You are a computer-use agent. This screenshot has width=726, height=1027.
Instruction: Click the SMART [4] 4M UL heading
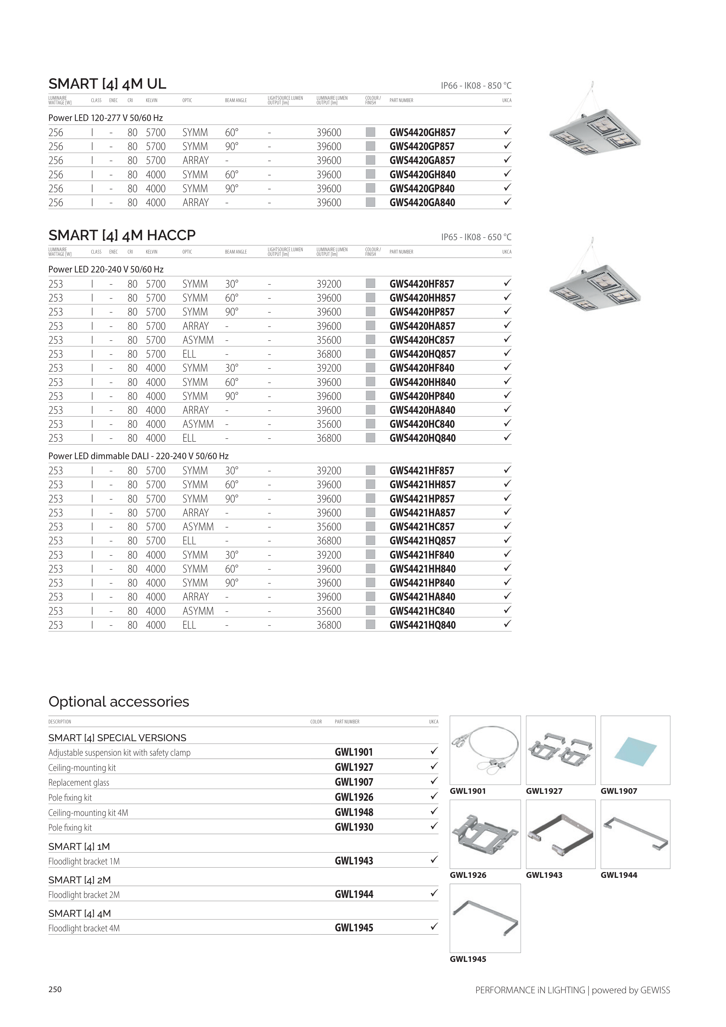coord(107,84)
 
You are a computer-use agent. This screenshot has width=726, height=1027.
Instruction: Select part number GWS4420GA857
coord(422,161)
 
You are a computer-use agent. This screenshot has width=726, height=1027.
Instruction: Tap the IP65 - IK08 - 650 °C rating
coord(476,237)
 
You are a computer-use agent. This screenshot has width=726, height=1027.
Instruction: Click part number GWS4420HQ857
coord(422,354)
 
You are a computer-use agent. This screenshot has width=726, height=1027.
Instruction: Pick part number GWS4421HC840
coord(422,611)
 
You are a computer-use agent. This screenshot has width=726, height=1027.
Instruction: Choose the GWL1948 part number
coord(354,812)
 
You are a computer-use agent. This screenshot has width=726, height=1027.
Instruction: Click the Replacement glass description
coord(79,783)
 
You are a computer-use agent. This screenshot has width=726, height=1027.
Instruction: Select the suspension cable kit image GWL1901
coord(485,750)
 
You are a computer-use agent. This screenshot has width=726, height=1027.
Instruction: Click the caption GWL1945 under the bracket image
coord(468,959)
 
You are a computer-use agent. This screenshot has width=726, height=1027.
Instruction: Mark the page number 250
coord(55,989)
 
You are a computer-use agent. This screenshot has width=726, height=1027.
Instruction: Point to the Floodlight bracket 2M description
coord(84,895)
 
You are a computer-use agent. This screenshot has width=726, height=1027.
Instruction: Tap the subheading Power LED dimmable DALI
coord(138,456)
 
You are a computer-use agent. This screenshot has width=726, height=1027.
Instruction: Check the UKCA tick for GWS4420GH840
coord(507,174)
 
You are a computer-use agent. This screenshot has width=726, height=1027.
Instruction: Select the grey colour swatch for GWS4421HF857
coord(370,470)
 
